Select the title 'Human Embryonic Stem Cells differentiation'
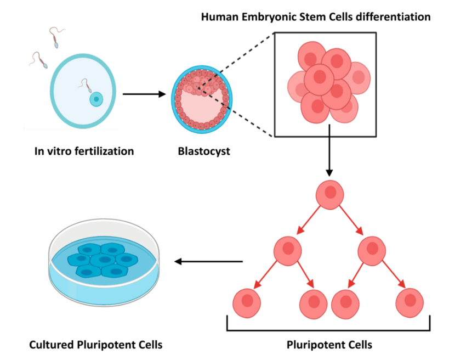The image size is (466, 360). (x=315, y=16)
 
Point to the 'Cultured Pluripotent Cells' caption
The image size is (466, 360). (x=96, y=345)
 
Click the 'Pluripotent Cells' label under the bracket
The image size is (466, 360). (x=329, y=345)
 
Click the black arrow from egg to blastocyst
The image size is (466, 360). (x=144, y=94)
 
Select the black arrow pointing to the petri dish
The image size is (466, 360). (x=208, y=261)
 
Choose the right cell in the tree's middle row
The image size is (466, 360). (x=372, y=252)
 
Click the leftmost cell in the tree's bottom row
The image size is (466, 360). (x=247, y=303)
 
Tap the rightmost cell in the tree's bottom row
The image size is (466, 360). (x=410, y=303)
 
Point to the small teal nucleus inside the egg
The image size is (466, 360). (x=96, y=99)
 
